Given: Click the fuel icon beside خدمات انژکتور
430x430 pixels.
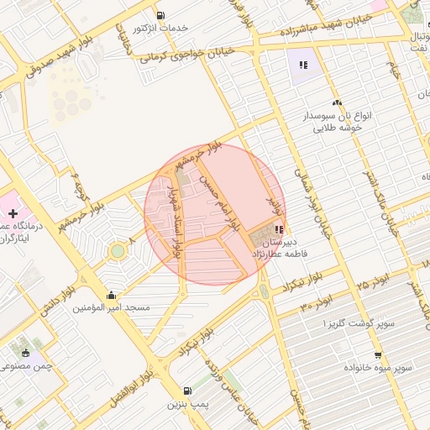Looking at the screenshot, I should click(x=160, y=15).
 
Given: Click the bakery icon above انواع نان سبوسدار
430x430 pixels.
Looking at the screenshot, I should click(x=337, y=102).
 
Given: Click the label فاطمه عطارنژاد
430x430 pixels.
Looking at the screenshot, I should click(x=291, y=253).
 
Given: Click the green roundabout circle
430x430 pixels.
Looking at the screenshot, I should click(x=118, y=251).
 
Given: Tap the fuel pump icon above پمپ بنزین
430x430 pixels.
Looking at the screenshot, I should click(x=186, y=391).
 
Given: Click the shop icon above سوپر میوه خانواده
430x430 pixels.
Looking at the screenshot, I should click(x=378, y=355).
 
